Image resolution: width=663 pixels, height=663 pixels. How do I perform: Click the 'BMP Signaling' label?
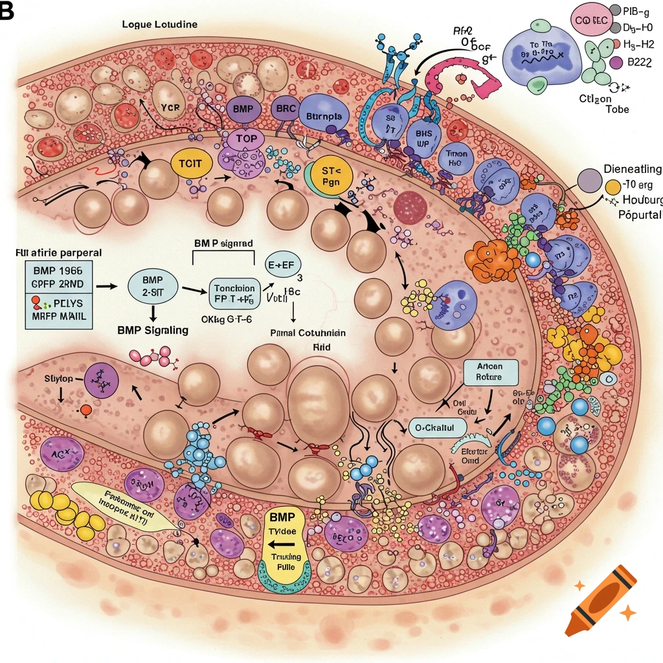pos(153,330)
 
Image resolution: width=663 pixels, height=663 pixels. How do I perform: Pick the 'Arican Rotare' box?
pos(492,371)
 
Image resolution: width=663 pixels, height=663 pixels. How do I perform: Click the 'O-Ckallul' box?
pos(437,427)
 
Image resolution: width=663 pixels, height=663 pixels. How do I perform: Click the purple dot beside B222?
pos(616,63)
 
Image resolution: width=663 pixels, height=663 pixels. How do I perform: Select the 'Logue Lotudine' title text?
pos(159,24)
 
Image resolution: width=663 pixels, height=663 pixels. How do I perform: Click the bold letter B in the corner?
pos(6,12)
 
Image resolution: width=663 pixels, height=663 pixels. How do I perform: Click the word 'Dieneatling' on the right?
pos(632,170)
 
